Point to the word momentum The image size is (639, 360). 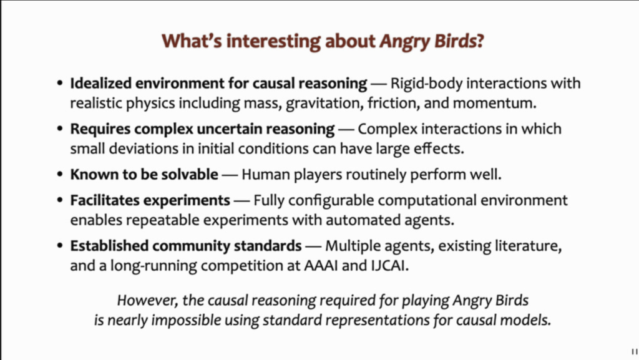495,103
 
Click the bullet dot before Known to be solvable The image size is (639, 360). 61,174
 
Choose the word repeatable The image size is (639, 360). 163,220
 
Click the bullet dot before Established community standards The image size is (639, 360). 61,246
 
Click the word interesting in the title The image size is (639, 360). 273,42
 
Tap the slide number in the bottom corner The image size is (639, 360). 634,351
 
